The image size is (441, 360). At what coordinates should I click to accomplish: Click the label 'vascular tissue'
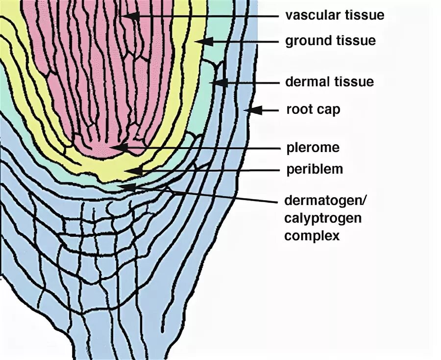335,15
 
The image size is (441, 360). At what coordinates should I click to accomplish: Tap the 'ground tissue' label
331,41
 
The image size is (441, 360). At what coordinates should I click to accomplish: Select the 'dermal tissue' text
330,81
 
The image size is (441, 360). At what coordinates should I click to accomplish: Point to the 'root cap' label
313,109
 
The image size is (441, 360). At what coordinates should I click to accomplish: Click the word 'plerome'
313,147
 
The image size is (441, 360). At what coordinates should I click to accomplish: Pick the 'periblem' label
315,170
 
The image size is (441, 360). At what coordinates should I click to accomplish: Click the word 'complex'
312,235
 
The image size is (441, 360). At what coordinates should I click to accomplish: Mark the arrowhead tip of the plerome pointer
114,147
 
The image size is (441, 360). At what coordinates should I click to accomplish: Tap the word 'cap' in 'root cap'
329,109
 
